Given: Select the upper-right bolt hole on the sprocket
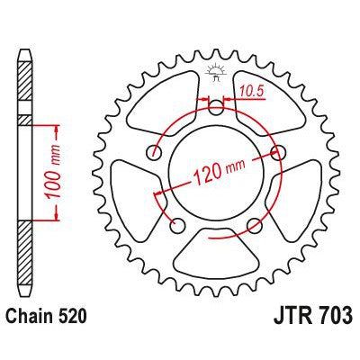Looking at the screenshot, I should pyautogui.click(x=276, y=150).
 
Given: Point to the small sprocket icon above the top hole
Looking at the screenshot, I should pyautogui.click(x=216, y=69).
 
